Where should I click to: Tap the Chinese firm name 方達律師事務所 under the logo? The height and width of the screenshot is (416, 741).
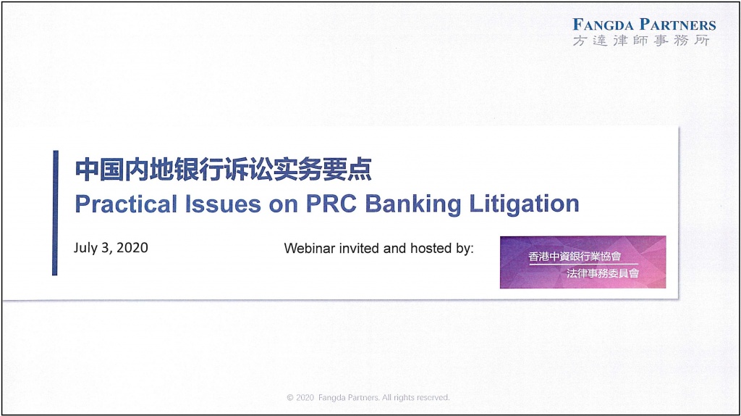641,41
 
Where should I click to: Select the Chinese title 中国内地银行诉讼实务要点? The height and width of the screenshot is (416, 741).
223,170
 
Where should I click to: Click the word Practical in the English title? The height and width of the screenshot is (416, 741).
126,204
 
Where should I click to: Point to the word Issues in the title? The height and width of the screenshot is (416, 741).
223,204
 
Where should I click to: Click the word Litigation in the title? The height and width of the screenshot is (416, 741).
524,204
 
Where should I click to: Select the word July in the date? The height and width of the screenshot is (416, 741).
85,248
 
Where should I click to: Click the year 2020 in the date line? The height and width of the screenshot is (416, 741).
132,248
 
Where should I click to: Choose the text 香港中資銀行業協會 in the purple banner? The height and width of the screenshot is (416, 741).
575,257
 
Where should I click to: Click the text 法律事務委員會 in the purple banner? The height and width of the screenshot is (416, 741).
603,273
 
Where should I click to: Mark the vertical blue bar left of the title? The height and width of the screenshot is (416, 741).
55,212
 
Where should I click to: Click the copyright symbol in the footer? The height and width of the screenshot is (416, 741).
290,398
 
